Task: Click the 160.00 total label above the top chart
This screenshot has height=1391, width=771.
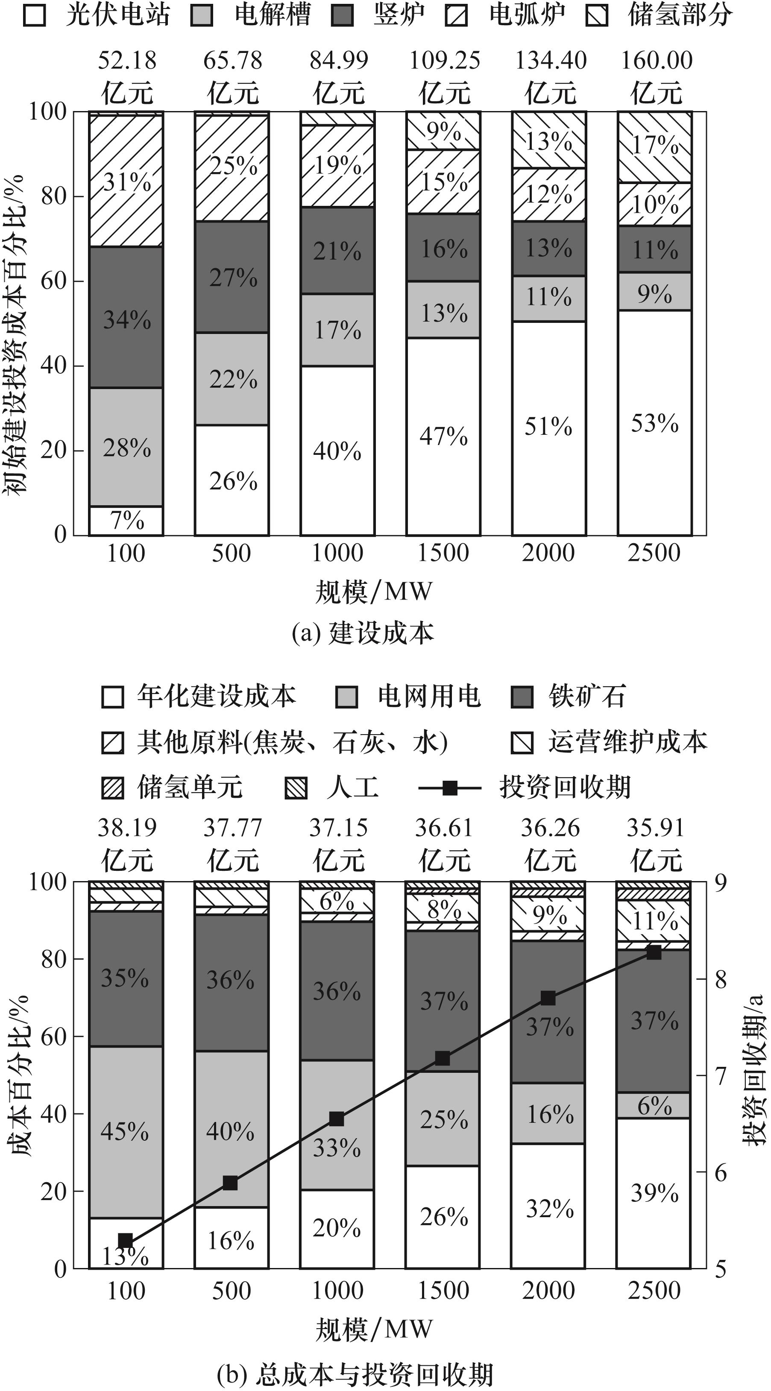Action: pyautogui.click(x=656, y=61)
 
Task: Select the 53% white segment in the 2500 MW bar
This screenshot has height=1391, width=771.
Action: pyautogui.click(x=654, y=423)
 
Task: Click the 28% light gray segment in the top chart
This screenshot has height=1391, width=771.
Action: pyautogui.click(x=126, y=447)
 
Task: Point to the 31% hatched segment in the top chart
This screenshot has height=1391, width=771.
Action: pyautogui.click(x=126, y=182)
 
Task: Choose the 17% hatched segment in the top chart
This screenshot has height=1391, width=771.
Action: pyautogui.click(x=654, y=145)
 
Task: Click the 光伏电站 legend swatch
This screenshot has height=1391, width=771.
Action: pyautogui.click(x=35, y=15)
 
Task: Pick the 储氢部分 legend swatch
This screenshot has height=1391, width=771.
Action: pyautogui.click(x=597, y=15)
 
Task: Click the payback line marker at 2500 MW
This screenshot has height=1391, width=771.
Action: pyautogui.click(x=654, y=952)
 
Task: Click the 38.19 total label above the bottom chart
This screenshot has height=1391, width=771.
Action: pyautogui.click(x=126, y=828)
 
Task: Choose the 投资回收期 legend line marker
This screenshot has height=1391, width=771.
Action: pyautogui.click(x=450, y=788)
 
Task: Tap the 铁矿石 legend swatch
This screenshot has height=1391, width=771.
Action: pyautogui.click(x=522, y=697)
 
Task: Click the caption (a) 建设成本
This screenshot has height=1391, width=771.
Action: pyautogui.click(x=363, y=633)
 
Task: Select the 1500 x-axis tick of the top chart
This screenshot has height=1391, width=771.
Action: pyautogui.click(x=443, y=553)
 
